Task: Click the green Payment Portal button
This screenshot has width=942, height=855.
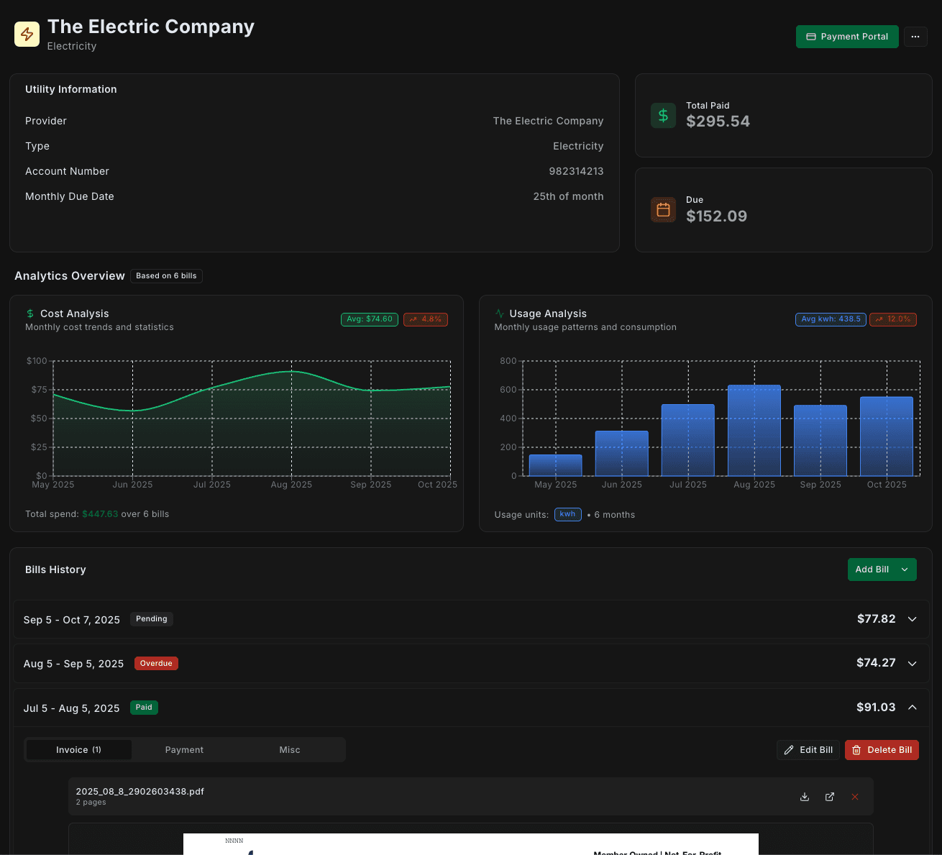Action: coord(846,37)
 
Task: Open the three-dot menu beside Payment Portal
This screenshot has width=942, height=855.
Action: coord(915,37)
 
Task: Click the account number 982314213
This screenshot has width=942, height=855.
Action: coord(575,171)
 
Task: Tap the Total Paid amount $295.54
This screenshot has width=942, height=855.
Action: coord(717,122)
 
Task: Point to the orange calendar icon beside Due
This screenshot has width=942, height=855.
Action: coord(662,209)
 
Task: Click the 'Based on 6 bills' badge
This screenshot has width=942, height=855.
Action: coord(166,276)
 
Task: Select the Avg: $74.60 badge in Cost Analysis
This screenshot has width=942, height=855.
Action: coord(370,319)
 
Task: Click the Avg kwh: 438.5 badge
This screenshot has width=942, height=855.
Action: coord(831,319)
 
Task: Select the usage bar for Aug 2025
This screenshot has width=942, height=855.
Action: coord(754,431)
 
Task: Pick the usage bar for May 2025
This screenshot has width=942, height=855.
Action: coord(555,465)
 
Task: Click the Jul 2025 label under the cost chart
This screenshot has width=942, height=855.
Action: coord(212,485)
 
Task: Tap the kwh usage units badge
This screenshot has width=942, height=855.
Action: coord(567,514)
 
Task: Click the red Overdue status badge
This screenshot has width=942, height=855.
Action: coord(156,664)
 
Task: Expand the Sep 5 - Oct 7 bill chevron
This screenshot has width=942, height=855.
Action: coord(912,619)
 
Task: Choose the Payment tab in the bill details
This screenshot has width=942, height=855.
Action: coord(184,750)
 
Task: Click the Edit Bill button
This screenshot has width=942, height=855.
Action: coord(808,750)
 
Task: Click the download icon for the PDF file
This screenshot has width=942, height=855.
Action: coord(805,797)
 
